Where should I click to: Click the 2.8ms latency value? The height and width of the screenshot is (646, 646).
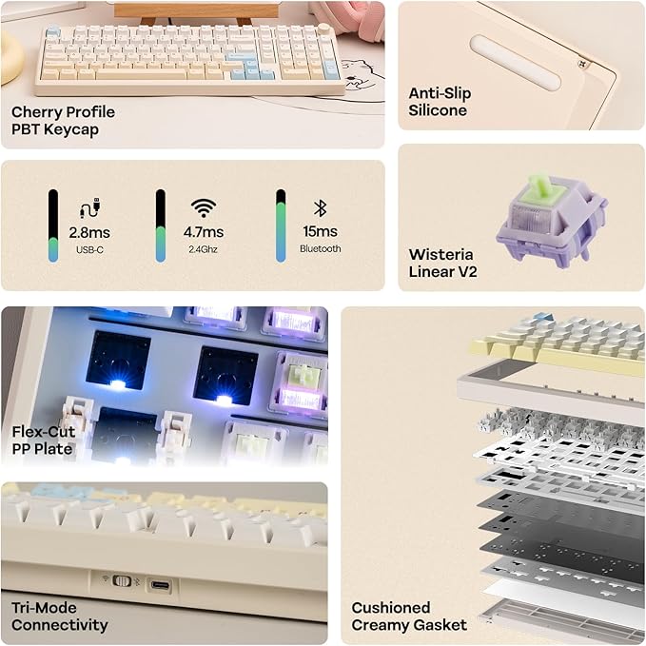pos(88,232)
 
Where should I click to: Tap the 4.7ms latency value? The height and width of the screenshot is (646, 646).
pos(206,232)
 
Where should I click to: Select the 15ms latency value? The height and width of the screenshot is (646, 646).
pos(319,232)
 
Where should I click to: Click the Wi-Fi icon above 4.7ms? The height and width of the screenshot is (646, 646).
pos(204,207)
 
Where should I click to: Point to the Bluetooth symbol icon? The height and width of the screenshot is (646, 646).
pos(320,207)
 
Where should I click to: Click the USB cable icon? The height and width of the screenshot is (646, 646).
pos(89,208)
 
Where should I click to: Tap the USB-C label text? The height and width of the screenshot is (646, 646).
pos(88,249)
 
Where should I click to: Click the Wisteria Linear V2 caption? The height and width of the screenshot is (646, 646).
pos(442,263)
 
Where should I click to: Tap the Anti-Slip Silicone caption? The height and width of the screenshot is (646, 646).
pos(440,102)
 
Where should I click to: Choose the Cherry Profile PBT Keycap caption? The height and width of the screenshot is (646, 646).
pos(62,120)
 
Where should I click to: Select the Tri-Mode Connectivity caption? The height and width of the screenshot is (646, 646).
pos(59,617)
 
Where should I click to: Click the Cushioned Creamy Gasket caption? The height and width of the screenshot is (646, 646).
pos(409,617)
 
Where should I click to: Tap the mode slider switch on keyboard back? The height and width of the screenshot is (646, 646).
pos(121,579)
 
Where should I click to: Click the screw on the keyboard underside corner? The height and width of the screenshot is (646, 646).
pos(585,65)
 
